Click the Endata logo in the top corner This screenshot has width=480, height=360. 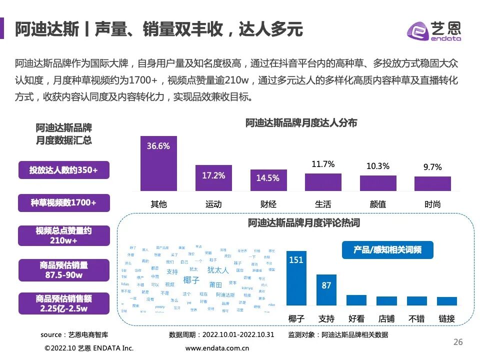click(x=434, y=31)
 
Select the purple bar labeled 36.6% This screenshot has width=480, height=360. click(x=158, y=163)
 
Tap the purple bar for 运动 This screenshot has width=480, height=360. click(x=213, y=178)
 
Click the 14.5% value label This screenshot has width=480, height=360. click(x=268, y=178)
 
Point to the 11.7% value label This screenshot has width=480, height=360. click(x=323, y=164)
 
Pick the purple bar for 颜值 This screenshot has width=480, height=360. click(x=378, y=183)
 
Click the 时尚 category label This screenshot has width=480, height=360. click(x=432, y=204)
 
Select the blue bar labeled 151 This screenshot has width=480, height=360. click(x=296, y=278)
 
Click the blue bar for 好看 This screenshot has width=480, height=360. click(x=356, y=300)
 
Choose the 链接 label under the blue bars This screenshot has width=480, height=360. click(x=446, y=318)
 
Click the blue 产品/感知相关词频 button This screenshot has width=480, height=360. click(x=387, y=250)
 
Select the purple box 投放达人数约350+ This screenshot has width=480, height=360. click(x=63, y=170)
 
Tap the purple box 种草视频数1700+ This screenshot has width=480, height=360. click(x=63, y=202)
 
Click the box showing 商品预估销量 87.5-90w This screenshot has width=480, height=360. click(x=63, y=270)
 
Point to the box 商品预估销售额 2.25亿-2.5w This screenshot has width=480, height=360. click(x=63, y=303)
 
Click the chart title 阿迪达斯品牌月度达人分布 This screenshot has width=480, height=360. click(x=301, y=123)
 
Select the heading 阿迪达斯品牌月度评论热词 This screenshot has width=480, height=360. click(x=304, y=223)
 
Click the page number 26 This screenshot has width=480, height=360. click(x=457, y=342)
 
